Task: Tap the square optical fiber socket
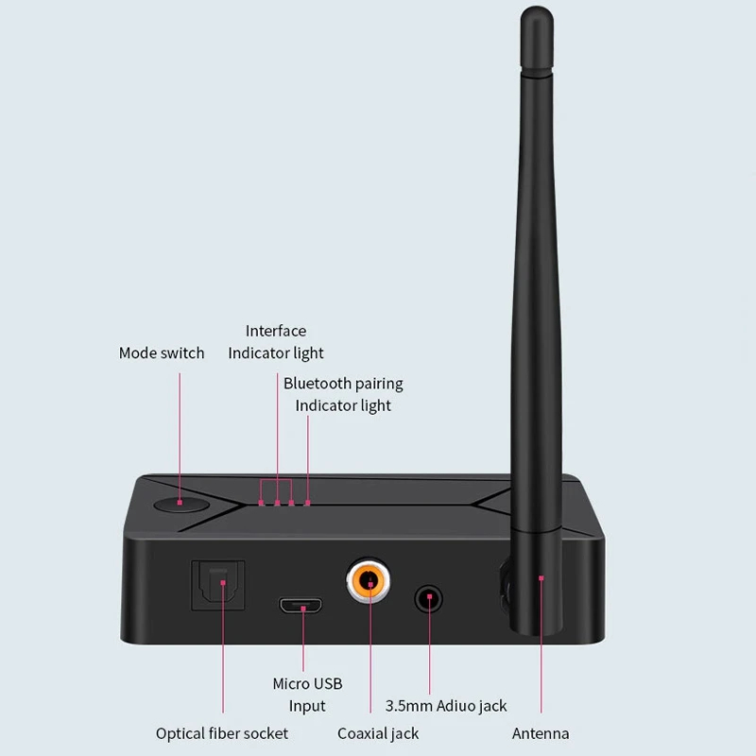pos(218,585)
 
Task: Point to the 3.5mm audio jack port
pos(429,599)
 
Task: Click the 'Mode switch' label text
pos(162,352)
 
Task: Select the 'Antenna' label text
pos(541,733)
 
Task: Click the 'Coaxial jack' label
pos(378,733)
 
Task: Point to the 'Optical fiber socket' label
pos(222,733)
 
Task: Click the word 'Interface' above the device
pos(276,331)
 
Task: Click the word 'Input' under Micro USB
pos(307,706)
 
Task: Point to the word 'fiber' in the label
pos(223,733)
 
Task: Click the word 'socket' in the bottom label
pos(266,733)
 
